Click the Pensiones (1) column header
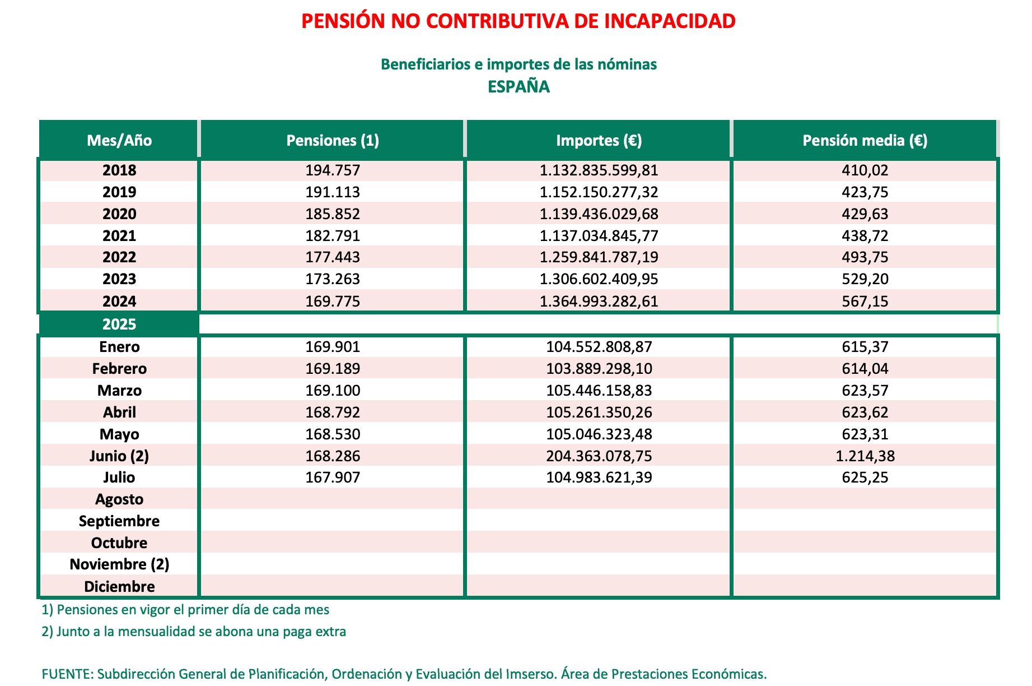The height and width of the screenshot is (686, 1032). tap(333, 140)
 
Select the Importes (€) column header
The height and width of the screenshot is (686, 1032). tap(599, 140)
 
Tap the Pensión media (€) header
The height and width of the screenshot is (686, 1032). tap(865, 140)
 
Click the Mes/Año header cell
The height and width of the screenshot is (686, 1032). tap(119, 140)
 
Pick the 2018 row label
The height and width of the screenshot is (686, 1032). tap(119, 170)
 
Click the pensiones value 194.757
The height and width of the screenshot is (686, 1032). tap(333, 170)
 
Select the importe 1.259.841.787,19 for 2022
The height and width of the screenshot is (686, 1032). tap(599, 257)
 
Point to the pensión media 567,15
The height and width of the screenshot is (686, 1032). tap(865, 302)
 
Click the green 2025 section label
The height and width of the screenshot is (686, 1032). tap(119, 325)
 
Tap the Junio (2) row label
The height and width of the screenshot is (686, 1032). tap(119, 456)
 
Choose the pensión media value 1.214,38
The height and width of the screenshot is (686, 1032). tap(865, 456)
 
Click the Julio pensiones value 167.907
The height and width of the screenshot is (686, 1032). tap(333, 478)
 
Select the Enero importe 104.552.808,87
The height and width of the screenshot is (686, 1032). tap(599, 347)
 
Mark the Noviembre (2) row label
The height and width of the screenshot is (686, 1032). tap(119, 564)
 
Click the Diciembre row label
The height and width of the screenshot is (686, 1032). tap(119, 587)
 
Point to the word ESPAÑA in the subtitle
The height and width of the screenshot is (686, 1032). tap(519, 87)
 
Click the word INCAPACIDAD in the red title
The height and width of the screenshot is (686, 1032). tap(670, 21)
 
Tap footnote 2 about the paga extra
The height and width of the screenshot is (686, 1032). tap(194, 632)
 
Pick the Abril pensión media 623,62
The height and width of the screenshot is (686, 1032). tap(865, 412)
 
